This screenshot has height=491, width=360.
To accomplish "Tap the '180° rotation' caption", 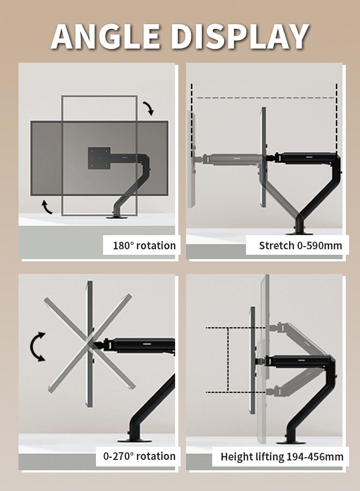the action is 144,245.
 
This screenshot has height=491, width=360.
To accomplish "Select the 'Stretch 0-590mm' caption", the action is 300,245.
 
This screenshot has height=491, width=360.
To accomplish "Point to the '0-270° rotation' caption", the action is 139,456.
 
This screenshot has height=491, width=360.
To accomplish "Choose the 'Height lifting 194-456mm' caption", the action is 282,457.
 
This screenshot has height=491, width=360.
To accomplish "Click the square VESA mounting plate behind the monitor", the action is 99,158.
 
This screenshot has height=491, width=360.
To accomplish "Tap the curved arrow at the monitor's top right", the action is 149,109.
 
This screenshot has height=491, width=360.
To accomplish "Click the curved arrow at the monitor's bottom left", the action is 47,207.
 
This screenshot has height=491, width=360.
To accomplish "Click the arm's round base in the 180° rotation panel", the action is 117,217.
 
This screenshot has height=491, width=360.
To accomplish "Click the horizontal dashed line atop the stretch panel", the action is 266,98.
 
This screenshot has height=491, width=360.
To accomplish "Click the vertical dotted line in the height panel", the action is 228,360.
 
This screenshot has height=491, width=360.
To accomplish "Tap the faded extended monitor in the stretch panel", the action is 191,160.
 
